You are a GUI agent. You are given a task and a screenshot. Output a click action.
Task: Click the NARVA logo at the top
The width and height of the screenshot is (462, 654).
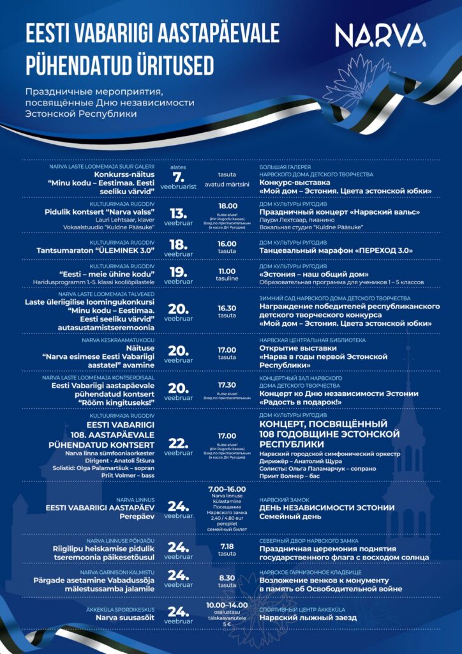point(381,36)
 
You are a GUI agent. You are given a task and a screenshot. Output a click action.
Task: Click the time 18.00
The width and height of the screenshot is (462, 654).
point(227,206)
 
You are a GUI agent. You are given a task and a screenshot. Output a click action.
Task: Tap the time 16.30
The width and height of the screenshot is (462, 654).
point(227,308)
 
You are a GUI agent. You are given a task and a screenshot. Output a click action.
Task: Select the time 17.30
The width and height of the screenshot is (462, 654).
point(227,385)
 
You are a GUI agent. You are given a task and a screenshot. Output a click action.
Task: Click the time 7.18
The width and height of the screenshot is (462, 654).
point(227,547)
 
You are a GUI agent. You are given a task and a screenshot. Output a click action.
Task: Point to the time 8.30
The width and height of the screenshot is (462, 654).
point(227,577)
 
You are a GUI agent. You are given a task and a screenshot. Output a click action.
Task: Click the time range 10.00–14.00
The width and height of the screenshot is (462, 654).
point(227,604)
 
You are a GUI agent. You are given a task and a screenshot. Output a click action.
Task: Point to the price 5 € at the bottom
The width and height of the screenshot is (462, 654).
point(227,623)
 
